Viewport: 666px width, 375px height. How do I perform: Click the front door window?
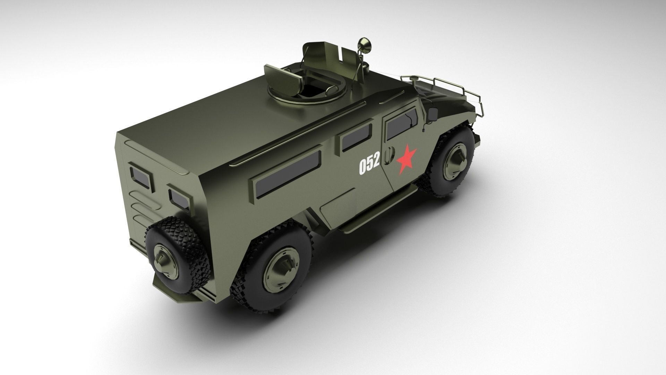coord(401,123)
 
